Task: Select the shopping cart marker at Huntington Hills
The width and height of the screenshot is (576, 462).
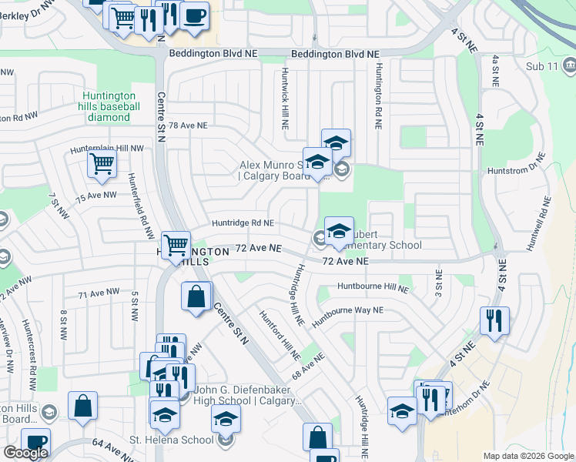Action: [x=176, y=246]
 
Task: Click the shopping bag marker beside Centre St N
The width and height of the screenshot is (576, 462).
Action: [x=196, y=296]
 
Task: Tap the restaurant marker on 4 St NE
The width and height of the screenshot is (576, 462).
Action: [x=494, y=320]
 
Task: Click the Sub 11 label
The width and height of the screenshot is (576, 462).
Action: [x=543, y=67]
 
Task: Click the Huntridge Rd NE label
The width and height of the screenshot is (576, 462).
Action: [x=243, y=223]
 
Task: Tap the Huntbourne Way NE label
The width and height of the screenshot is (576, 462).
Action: [x=347, y=310]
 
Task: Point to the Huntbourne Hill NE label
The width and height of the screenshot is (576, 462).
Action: [x=373, y=289]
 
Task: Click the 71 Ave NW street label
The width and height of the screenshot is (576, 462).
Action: [x=99, y=293]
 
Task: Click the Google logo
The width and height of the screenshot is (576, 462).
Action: [x=26, y=453]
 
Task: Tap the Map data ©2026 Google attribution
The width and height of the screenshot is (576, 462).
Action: [x=527, y=456]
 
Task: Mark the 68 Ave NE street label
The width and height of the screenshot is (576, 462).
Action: [x=308, y=365]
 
